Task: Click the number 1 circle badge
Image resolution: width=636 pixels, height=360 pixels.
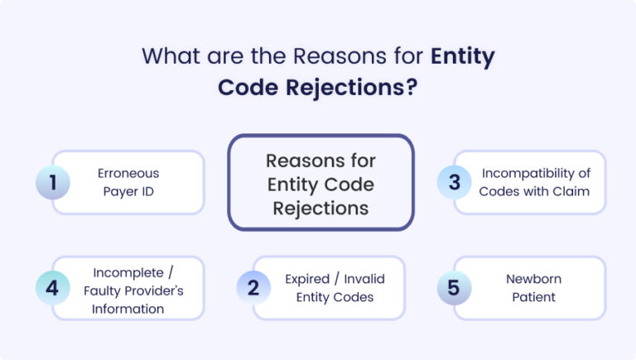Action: point(53,183)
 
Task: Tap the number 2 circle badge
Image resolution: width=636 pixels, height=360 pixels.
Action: point(253,287)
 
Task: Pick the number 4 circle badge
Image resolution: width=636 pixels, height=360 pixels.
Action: point(53,287)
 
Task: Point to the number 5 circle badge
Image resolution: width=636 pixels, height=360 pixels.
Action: point(454,287)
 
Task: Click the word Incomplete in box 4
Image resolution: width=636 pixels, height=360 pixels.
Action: point(121,271)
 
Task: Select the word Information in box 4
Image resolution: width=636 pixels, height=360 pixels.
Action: point(128,309)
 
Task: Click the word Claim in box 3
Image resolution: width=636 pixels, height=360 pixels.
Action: point(571,192)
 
